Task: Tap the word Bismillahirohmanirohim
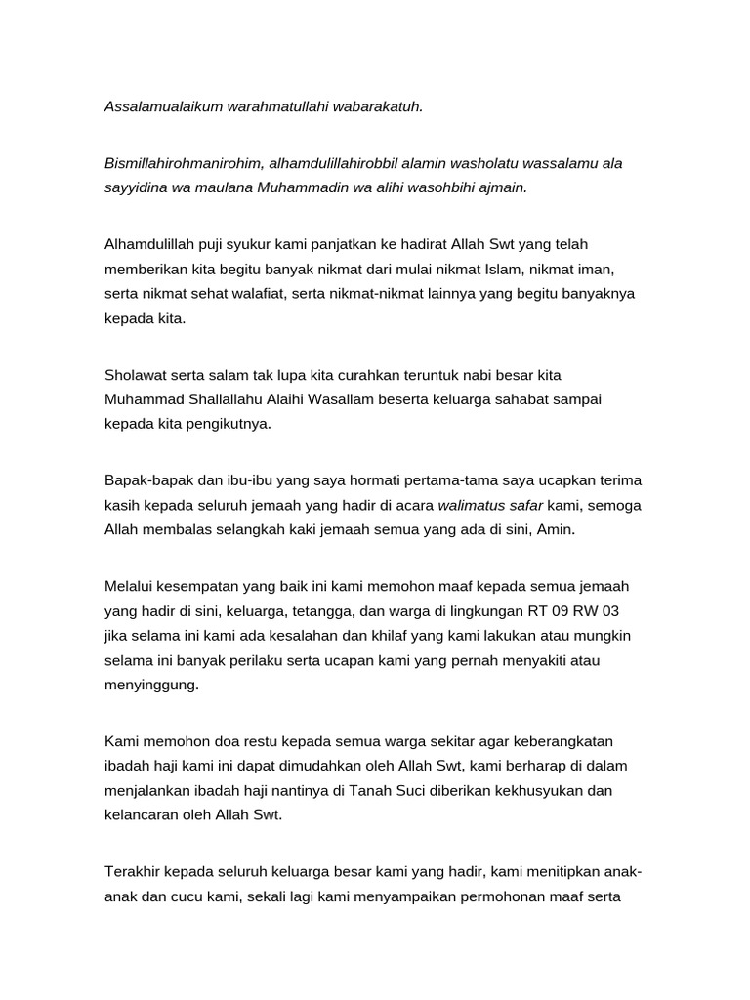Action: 182,163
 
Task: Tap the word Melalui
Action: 130,587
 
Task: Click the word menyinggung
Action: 151,685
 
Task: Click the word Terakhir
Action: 134,871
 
